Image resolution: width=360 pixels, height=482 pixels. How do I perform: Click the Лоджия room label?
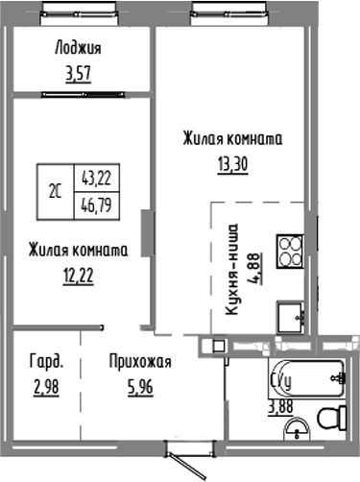point(78,49)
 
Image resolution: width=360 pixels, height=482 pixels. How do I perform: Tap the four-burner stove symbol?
point(289,252)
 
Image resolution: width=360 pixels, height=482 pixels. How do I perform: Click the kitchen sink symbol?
point(289,314)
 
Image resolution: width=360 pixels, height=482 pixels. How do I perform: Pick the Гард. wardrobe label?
point(47,362)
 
